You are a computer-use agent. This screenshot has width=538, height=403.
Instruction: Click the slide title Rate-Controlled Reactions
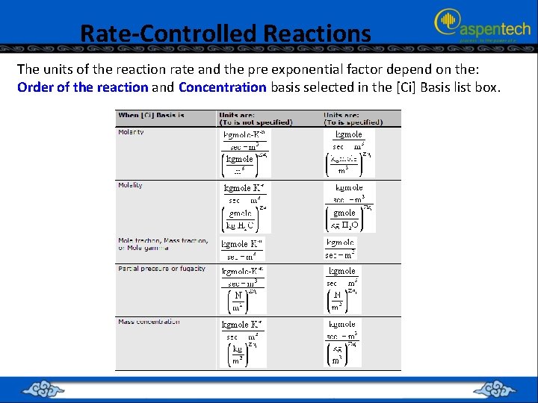225,34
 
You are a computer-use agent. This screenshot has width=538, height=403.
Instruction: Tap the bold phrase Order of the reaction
82,87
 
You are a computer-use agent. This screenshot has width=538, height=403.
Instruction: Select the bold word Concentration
222,87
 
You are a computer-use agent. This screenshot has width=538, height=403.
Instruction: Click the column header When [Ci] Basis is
151,116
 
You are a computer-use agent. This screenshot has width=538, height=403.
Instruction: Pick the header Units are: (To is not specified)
255,119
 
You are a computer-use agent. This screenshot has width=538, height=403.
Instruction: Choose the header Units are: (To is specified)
353,119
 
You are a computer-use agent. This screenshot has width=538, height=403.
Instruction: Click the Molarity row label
131,132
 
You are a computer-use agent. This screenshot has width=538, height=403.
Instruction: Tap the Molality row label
130,185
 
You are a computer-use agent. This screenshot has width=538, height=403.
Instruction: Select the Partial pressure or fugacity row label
161,269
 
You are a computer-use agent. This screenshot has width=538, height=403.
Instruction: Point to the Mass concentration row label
149,322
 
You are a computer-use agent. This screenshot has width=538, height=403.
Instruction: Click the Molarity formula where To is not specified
244,154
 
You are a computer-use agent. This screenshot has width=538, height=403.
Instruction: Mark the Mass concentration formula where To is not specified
243,343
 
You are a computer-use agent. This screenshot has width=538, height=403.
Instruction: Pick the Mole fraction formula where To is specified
341,249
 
